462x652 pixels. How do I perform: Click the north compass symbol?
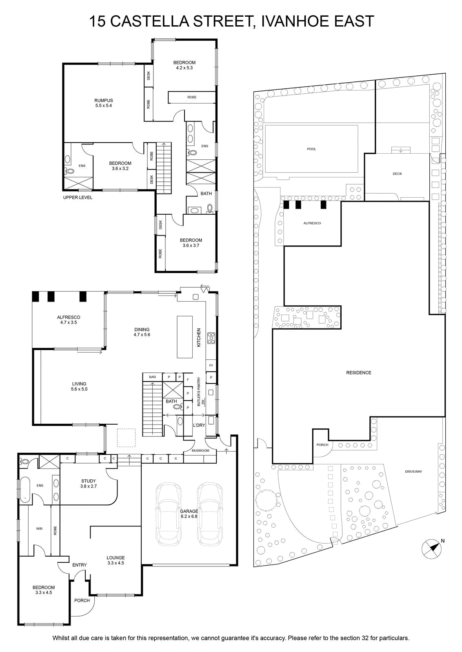coord(431,548)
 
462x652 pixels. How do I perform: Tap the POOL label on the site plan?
coord(311,149)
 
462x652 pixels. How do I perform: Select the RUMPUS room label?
coord(104,100)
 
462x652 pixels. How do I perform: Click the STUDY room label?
coord(88,481)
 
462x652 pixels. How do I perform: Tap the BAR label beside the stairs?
coord(153,377)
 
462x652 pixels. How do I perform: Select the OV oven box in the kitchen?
coord(211,365)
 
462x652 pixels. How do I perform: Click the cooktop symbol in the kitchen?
coord(211,338)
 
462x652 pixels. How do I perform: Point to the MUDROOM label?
coord(200,451)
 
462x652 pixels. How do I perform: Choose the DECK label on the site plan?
coord(397,174)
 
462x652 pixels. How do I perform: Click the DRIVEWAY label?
coord(413,471)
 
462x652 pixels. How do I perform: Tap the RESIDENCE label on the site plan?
coord(358,372)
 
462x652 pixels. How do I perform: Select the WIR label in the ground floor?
coord(39,529)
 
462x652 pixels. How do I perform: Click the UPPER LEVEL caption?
coord(78,197)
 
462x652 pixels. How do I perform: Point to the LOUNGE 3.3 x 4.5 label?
coord(115,560)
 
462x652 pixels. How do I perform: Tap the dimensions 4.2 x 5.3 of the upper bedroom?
coord(184,68)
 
